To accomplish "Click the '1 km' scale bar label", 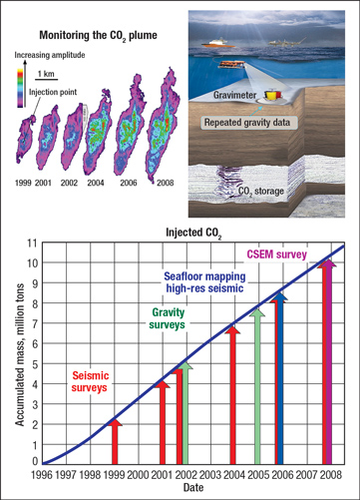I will [x=46, y=74].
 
